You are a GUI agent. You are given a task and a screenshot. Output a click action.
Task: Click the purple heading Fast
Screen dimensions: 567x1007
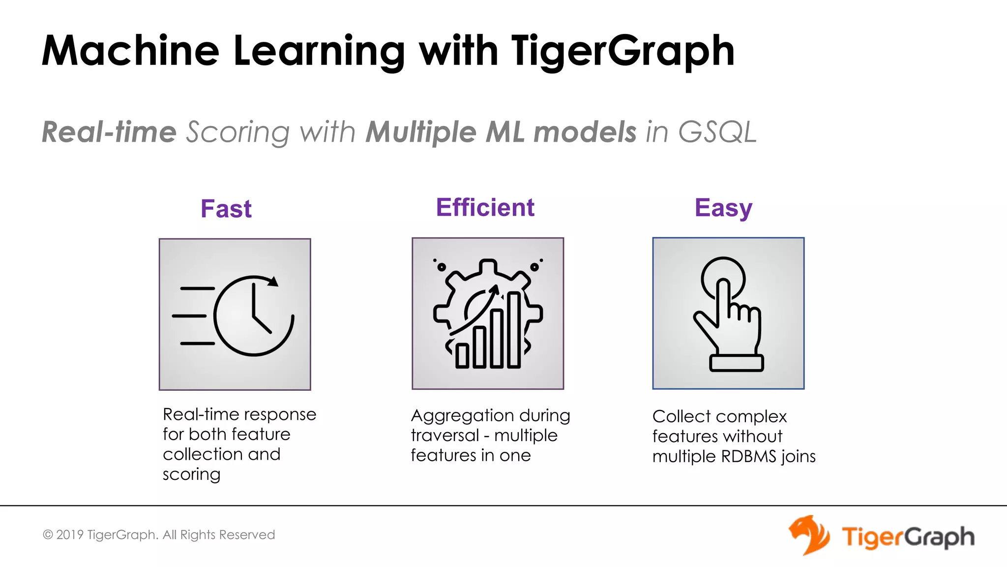pos(226,209)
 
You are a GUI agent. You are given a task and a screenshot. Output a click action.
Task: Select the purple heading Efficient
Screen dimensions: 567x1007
pos(485,207)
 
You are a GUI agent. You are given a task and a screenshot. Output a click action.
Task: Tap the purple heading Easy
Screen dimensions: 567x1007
pos(723,208)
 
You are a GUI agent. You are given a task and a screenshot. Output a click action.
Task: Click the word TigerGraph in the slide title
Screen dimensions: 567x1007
pos(622,51)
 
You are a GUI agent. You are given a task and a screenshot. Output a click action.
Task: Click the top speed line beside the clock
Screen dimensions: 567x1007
pos(198,288)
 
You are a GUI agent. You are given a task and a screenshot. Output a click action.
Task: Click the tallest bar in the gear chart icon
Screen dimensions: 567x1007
pos(514,330)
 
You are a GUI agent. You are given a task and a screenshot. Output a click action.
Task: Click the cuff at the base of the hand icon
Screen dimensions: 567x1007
pos(736,363)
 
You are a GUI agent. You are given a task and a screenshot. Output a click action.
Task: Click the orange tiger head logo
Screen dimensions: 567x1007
pos(809,535)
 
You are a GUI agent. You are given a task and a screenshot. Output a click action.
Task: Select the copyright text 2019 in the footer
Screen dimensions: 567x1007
pos(69,535)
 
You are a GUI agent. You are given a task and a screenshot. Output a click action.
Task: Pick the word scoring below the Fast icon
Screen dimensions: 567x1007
pos(191,474)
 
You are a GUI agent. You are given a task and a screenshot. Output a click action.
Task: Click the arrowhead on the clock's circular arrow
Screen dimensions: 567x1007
pos(273,282)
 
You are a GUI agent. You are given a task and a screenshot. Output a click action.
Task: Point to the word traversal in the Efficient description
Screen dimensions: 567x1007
pos(444,436)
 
